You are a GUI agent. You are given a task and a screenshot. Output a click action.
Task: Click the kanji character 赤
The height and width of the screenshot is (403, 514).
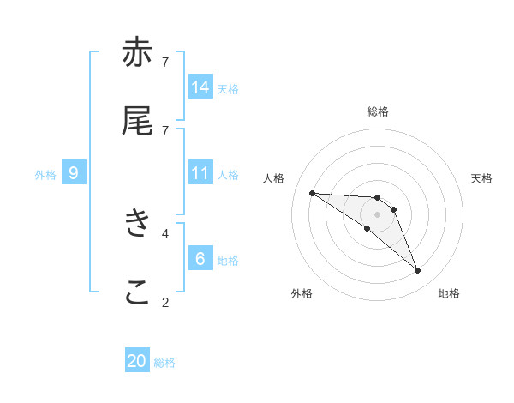[137, 54]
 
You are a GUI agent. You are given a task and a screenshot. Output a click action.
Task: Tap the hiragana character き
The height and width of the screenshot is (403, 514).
[137, 224]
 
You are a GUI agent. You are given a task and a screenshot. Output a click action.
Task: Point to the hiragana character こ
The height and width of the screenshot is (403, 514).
[137, 292]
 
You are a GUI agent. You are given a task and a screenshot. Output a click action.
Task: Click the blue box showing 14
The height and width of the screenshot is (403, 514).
[200, 87]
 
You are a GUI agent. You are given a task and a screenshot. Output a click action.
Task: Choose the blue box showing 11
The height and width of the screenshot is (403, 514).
[200, 173]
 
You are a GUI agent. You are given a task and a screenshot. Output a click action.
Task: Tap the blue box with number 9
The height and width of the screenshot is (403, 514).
[74, 173]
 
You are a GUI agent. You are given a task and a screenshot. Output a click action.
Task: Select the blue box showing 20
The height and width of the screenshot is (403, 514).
[137, 361]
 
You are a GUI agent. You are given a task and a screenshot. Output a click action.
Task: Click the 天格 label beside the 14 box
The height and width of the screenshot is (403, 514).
[227, 88]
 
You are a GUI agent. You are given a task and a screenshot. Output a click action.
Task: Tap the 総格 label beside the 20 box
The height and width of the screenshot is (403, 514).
[164, 363]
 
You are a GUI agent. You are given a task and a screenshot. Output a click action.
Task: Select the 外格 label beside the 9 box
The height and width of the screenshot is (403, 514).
[45, 175]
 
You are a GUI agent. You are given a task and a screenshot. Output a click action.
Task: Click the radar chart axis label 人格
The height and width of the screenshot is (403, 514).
[274, 178]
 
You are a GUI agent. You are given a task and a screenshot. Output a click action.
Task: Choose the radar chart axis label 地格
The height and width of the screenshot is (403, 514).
[449, 293]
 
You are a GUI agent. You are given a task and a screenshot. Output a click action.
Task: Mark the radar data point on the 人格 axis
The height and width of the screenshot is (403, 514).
[312, 193]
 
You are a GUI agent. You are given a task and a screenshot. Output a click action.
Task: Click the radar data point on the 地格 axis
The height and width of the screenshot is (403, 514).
[418, 271]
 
